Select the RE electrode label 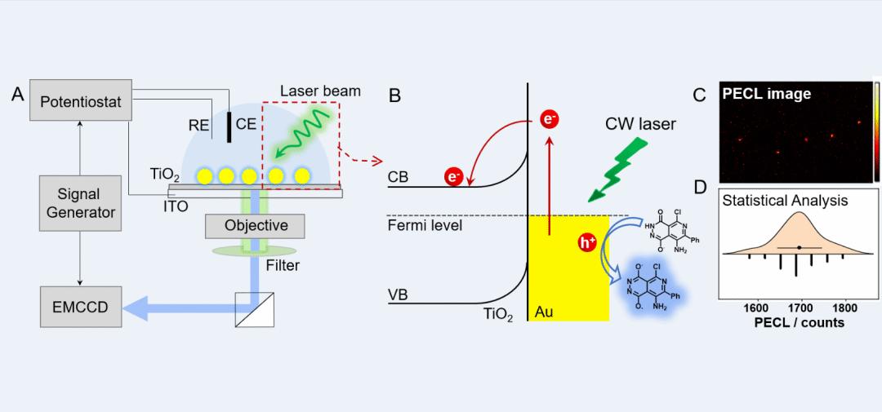(x=199, y=125)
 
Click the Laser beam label (x=319, y=91)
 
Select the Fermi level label (x=425, y=224)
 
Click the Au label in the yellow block (x=545, y=312)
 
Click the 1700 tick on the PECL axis (x=801, y=308)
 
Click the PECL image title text (x=767, y=95)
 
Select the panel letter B (x=394, y=97)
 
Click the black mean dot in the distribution (x=800, y=246)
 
